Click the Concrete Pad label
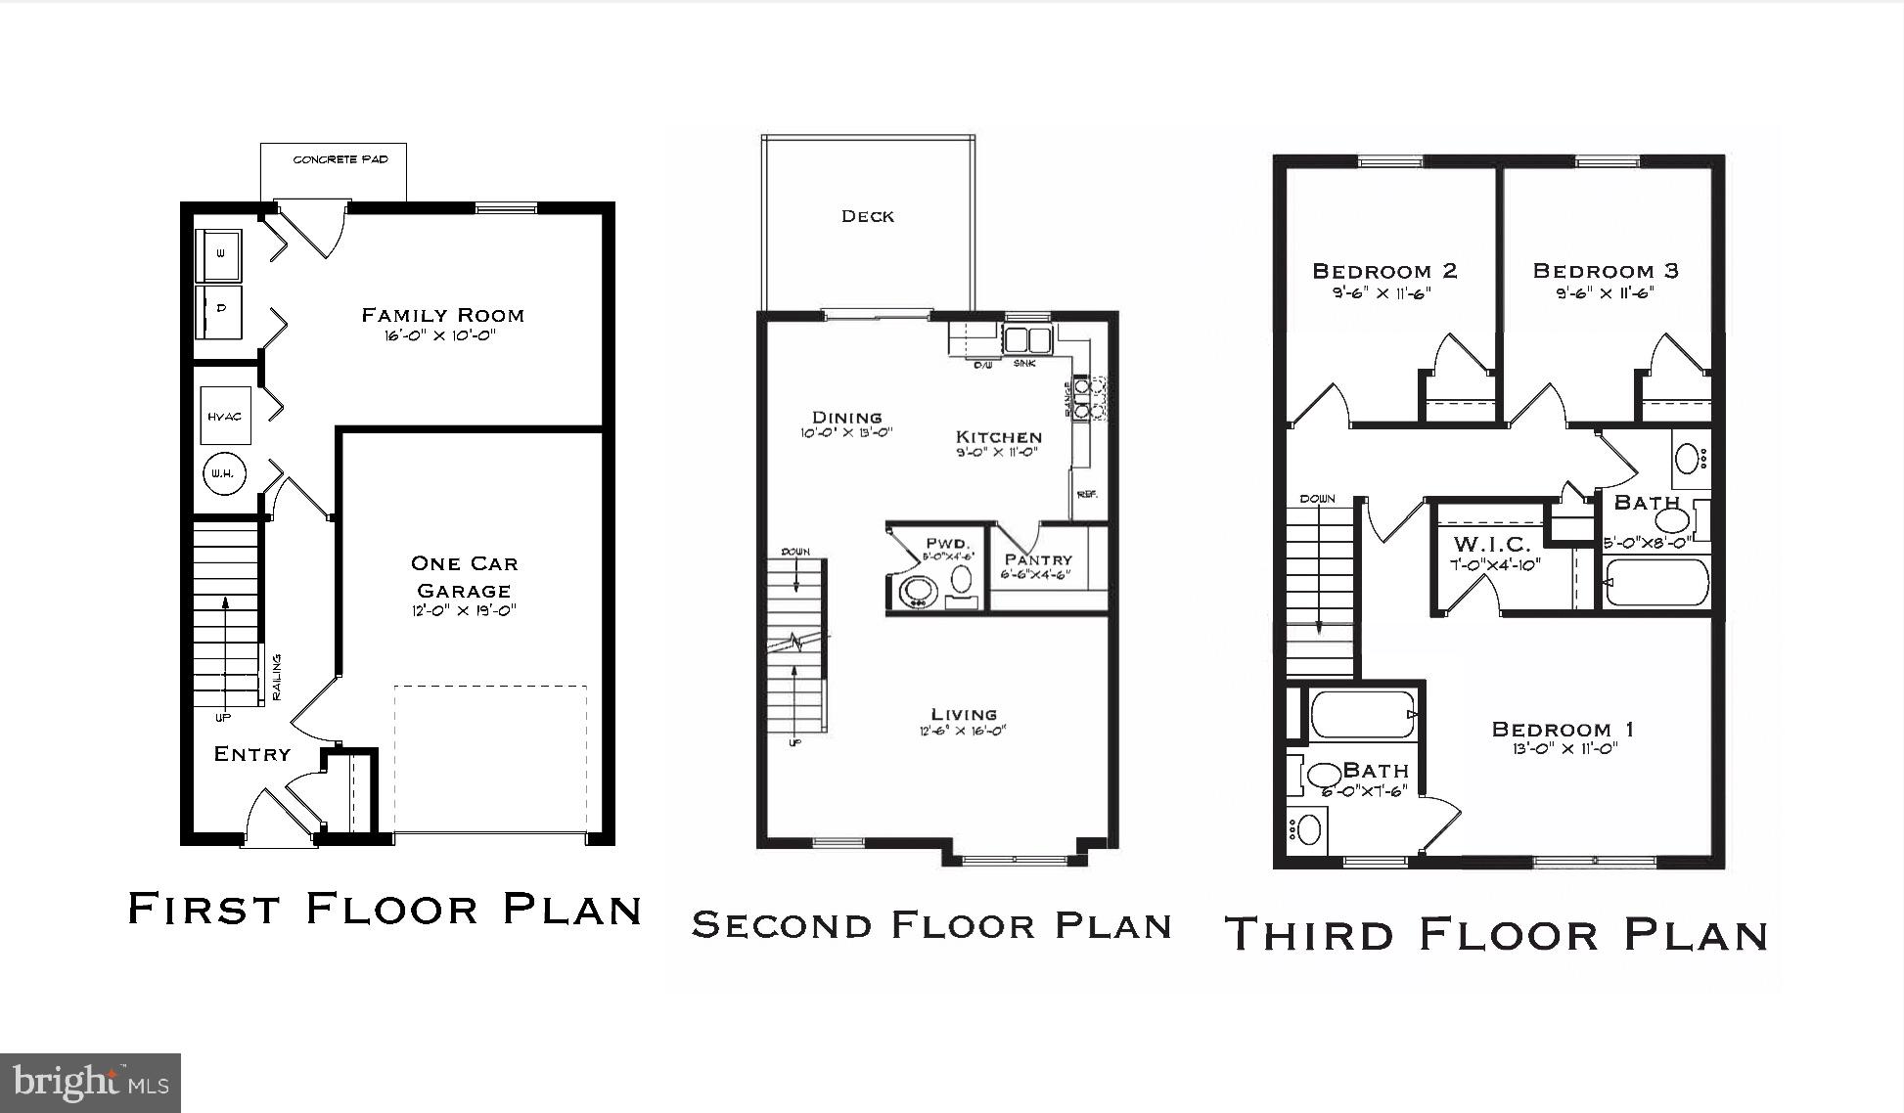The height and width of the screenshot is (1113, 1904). (340, 159)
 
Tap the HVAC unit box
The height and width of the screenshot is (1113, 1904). (224, 417)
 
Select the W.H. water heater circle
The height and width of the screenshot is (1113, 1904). (223, 474)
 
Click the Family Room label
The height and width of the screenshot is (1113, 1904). (443, 315)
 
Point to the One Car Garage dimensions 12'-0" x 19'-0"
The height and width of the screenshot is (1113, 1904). (463, 611)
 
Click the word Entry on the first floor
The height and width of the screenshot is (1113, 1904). (252, 754)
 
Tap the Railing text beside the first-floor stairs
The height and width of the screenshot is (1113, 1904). (277, 677)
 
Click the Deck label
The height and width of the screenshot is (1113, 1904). (868, 216)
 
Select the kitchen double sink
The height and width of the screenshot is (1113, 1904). (1025, 340)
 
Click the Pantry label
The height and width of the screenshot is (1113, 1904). (1038, 559)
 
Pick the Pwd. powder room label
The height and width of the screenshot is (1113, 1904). (947, 543)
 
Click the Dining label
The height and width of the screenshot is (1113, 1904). (846, 417)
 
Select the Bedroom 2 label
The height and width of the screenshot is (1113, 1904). (1384, 271)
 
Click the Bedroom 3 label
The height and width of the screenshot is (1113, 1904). (1606, 271)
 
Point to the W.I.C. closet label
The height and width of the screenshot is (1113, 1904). (1491, 544)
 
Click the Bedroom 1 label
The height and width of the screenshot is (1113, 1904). (1563, 729)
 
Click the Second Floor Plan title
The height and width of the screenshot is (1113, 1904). (931, 924)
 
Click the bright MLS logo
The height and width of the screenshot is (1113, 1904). (90, 1083)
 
